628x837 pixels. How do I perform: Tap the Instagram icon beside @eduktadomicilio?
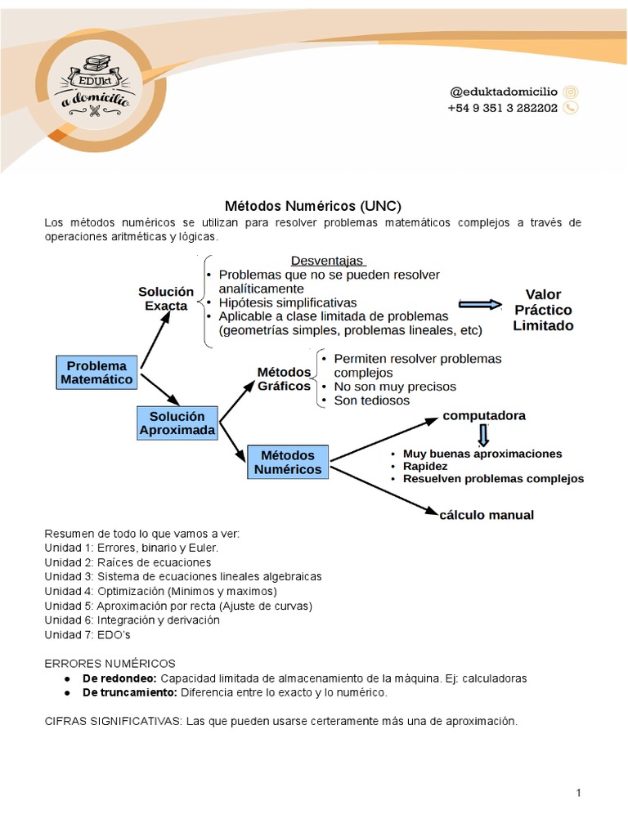pyautogui.click(x=571, y=92)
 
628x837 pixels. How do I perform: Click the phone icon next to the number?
pyautogui.click(x=571, y=108)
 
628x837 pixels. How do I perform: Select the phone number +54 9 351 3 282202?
pyautogui.click(x=502, y=108)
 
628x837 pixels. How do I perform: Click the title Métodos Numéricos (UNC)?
pyautogui.click(x=313, y=206)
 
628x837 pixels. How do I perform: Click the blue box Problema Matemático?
pyautogui.click(x=96, y=373)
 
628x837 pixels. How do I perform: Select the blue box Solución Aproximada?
pyautogui.click(x=177, y=423)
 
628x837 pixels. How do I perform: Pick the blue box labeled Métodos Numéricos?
pyautogui.click(x=288, y=463)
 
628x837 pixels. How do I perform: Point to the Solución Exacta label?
pyautogui.click(x=166, y=298)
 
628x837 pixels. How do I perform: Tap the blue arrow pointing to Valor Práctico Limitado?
pyautogui.click(x=480, y=304)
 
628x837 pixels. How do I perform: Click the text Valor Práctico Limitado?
pyautogui.click(x=543, y=310)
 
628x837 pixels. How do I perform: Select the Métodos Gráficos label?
pyautogui.click(x=284, y=378)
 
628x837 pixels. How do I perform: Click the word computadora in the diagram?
pyautogui.click(x=484, y=415)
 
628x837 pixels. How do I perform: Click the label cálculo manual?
pyautogui.click(x=487, y=515)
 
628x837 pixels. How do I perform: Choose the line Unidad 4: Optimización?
pyautogui.click(x=161, y=591)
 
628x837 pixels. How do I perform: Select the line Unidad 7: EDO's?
pyautogui.click(x=87, y=635)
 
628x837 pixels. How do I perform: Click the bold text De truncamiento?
pyautogui.click(x=130, y=692)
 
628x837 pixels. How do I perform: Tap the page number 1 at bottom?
pyautogui.click(x=578, y=793)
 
